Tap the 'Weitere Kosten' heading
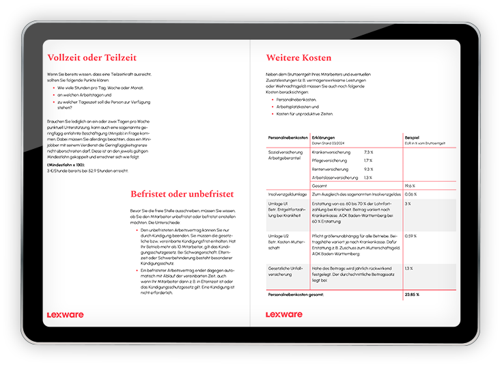(298, 58)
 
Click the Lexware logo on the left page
(65, 315)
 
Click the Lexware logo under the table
(284, 315)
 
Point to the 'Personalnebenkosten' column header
(287, 137)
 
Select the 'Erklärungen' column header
(323, 137)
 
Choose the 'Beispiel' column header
(412, 137)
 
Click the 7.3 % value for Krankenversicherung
(368, 152)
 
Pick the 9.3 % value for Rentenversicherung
(368, 169)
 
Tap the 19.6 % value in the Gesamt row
(410, 186)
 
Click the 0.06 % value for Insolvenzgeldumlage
(411, 195)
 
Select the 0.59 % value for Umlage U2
(411, 236)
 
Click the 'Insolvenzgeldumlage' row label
(287, 195)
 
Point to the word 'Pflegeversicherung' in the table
(330, 161)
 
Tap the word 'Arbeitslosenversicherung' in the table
(335, 178)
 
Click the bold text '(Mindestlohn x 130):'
(66, 165)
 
